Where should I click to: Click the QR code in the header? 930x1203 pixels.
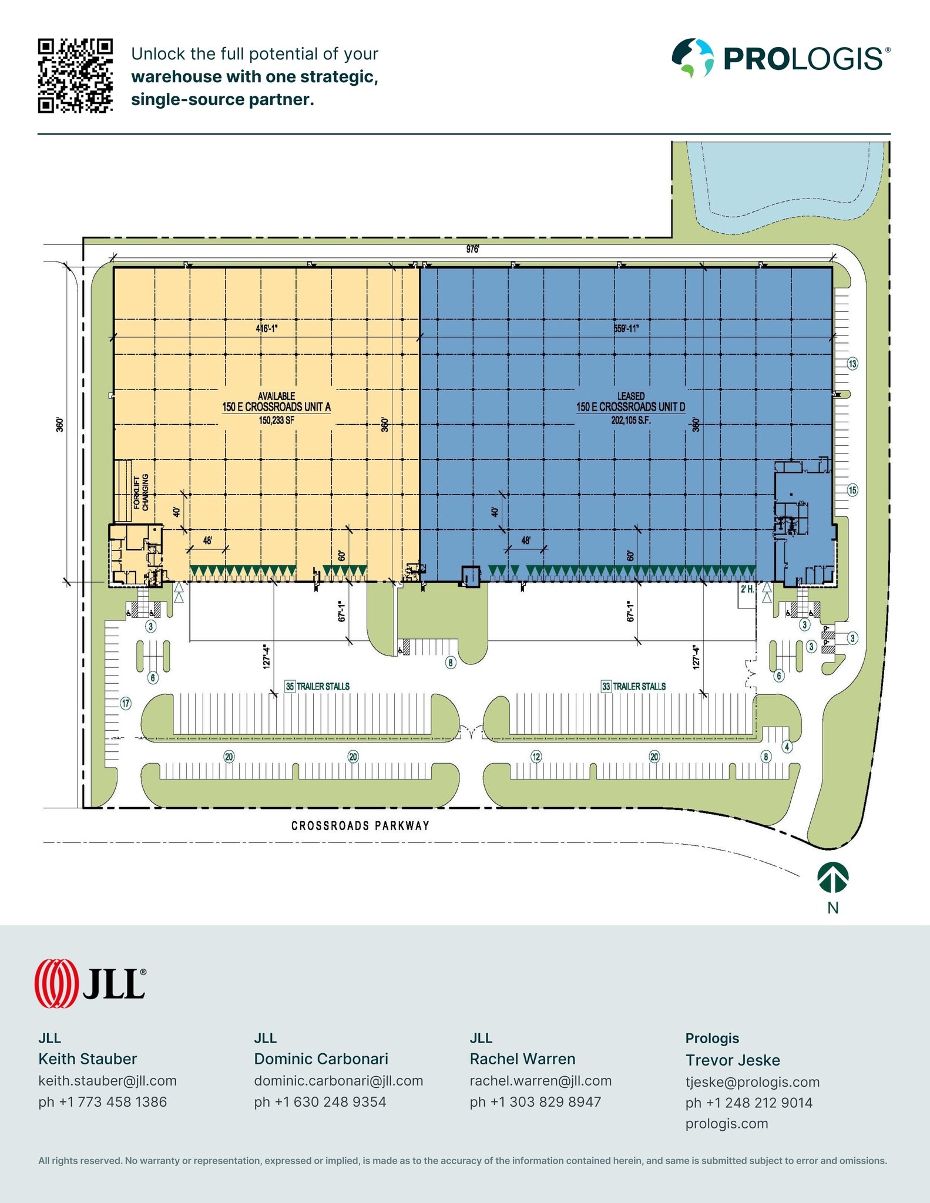click(75, 75)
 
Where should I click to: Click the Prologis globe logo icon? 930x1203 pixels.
click(693, 58)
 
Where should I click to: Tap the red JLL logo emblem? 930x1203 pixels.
click(56, 983)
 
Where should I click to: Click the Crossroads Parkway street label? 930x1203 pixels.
click(360, 826)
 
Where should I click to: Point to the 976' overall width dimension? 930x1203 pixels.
click(473, 249)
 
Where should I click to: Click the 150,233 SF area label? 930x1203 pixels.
click(276, 420)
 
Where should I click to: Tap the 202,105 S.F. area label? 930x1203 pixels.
click(630, 421)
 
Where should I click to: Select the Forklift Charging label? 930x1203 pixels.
click(141, 492)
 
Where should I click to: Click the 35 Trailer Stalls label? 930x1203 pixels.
click(317, 686)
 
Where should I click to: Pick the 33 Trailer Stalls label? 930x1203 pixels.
click(633, 686)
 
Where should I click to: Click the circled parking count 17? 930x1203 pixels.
click(126, 703)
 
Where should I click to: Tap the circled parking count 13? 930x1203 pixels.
click(852, 364)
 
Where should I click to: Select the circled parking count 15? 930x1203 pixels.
click(852, 490)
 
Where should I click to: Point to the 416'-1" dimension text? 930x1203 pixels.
click(266, 328)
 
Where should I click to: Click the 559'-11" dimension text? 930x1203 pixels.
click(626, 328)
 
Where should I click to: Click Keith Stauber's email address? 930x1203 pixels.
click(108, 1080)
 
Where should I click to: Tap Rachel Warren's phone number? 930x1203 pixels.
click(535, 1101)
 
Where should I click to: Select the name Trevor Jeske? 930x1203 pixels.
click(733, 1060)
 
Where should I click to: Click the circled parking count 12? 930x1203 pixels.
click(536, 757)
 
